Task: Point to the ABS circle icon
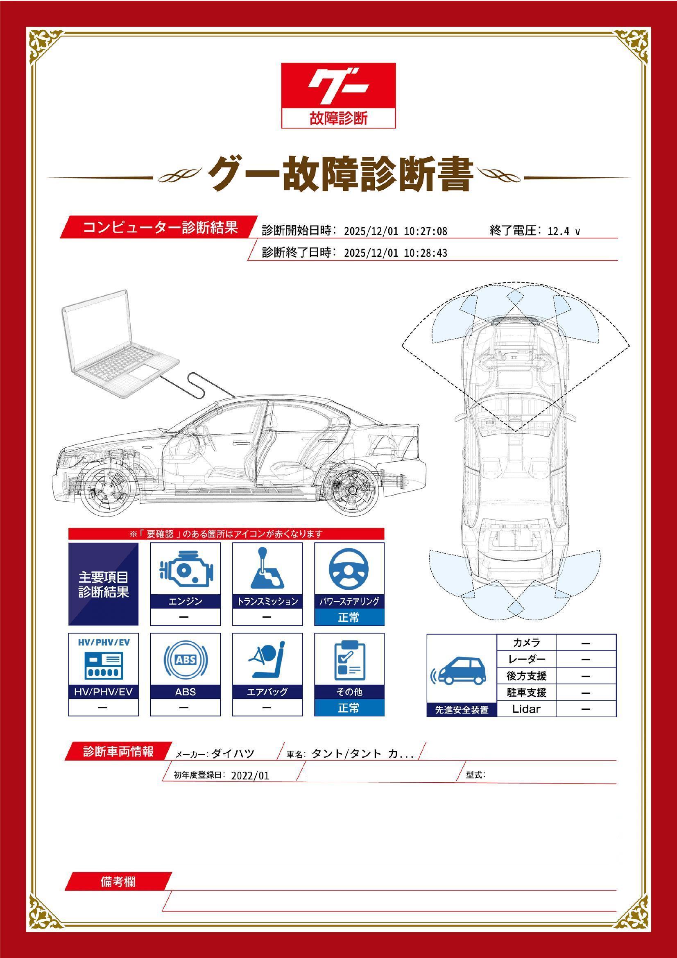click(x=185, y=660)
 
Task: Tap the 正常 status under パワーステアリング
click(x=349, y=617)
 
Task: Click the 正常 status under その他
click(x=349, y=708)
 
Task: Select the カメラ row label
click(x=526, y=643)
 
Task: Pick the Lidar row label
click(x=526, y=709)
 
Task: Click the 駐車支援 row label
click(x=526, y=693)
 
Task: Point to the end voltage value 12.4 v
click(x=564, y=231)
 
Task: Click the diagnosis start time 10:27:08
click(x=426, y=231)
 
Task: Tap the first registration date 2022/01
click(x=250, y=776)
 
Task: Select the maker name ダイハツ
click(x=233, y=754)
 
